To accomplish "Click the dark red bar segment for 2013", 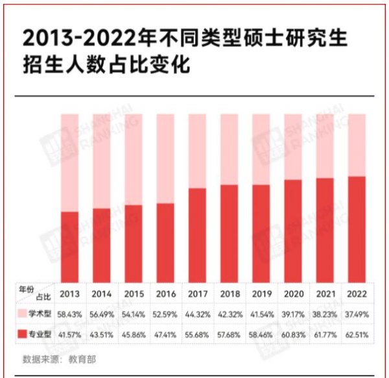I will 69,247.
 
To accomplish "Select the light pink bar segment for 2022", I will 357,145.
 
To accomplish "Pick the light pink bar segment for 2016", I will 165,159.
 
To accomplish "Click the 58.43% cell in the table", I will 69,314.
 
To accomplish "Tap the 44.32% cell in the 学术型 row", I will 197,314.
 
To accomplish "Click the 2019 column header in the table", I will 261,293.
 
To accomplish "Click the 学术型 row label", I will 42,314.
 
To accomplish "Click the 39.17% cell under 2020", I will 293,314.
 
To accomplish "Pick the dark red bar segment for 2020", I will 293,231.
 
